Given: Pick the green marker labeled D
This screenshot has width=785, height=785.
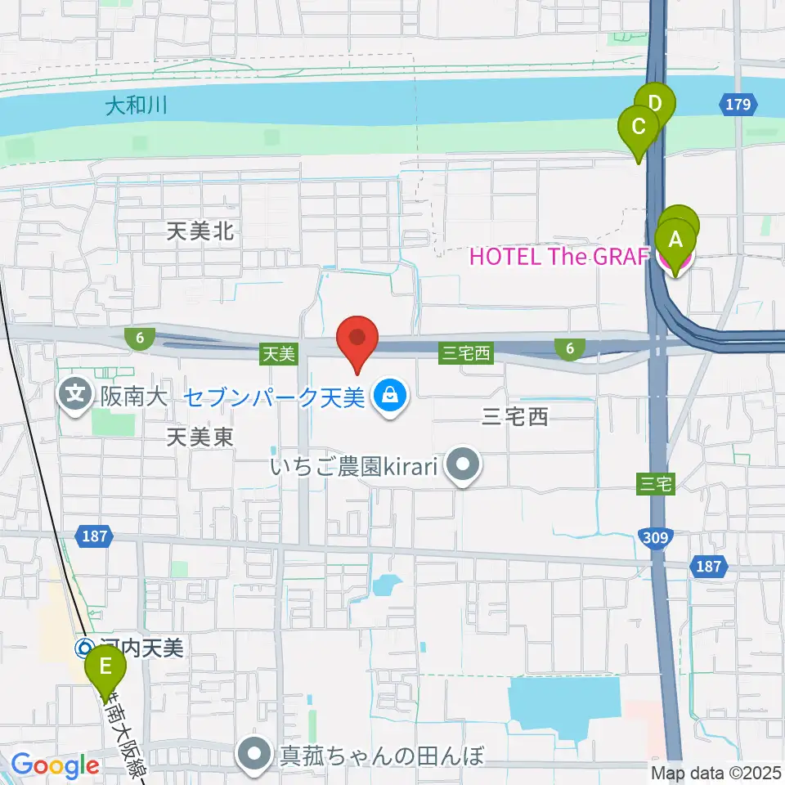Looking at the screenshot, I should [x=657, y=105].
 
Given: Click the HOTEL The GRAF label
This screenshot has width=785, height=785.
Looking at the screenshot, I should [x=559, y=258].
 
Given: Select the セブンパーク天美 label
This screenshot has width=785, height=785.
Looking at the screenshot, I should [x=273, y=397].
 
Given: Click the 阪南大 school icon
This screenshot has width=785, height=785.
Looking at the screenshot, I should [x=76, y=397].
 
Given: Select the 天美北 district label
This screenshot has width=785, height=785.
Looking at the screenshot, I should [x=200, y=232].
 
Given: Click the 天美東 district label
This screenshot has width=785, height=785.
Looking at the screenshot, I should [x=200, y=437].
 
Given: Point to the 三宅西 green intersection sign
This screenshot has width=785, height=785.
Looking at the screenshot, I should [x=465, y=353].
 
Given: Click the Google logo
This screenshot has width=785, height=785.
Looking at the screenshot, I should [x=55, y=765].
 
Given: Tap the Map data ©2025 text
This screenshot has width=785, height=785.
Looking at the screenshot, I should [x=716, y=772].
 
